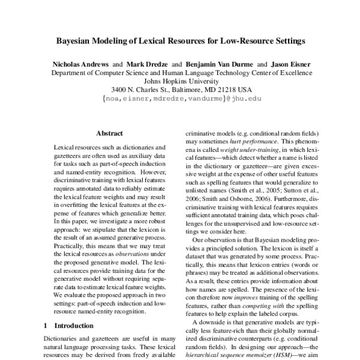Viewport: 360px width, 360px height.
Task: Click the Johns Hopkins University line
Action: (x=180, y=84)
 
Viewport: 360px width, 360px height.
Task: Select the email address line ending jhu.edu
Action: (x=180, y=103)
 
